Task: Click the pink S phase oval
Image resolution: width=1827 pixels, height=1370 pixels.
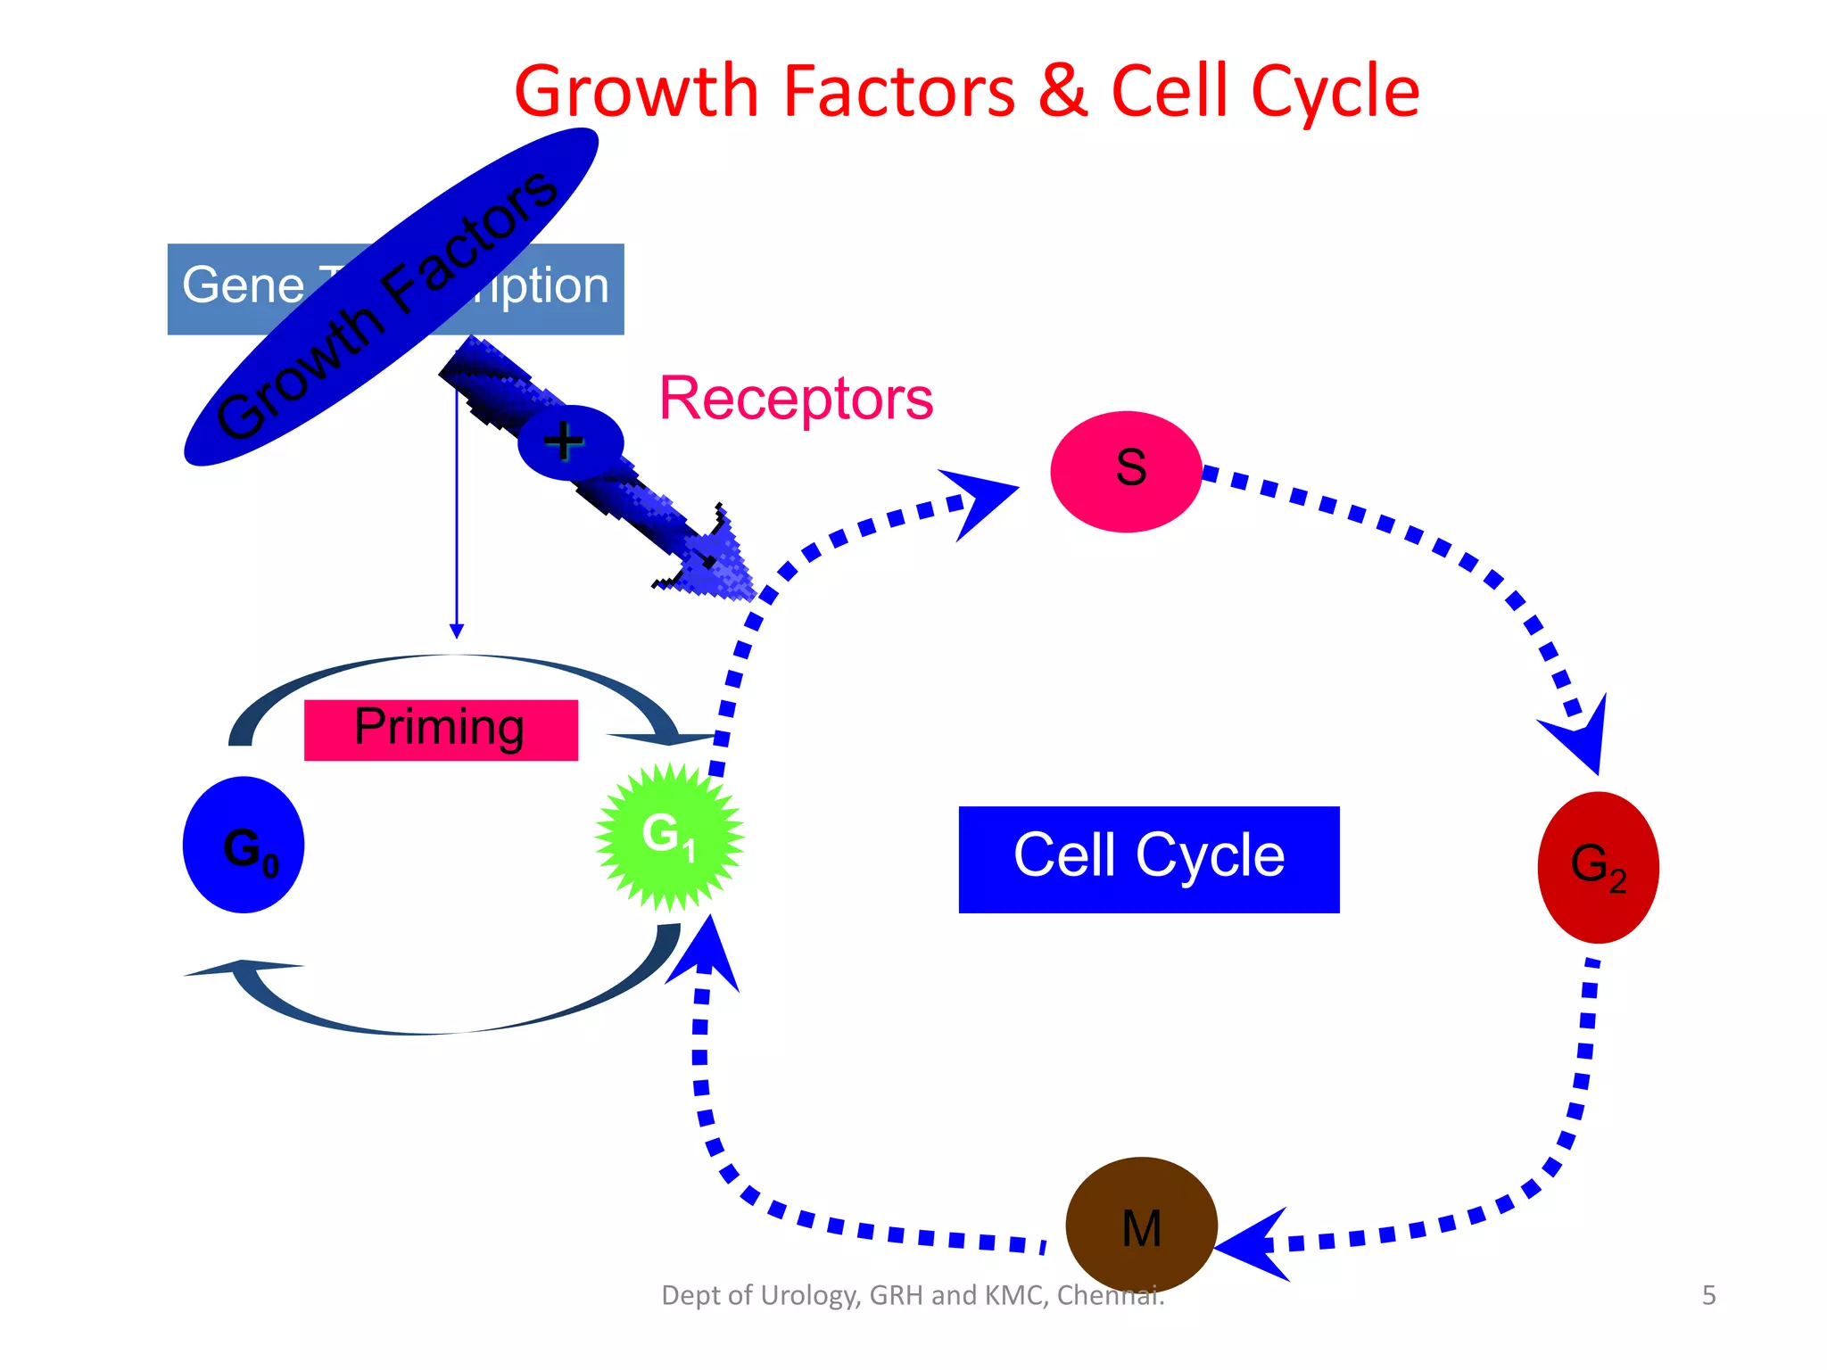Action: [x=1126, y=471]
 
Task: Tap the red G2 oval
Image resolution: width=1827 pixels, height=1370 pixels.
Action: [x=1598, y=867]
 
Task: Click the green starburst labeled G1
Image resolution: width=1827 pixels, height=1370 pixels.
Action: [x=669, y=837]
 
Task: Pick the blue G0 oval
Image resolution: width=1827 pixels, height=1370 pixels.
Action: [x=244, y=845]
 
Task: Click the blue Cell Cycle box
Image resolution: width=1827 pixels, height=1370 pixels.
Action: [x=1148, y=859]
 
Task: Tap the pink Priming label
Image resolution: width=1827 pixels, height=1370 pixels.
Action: [x=441, y=730]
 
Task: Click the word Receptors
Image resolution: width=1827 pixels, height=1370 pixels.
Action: [x=796, y=399]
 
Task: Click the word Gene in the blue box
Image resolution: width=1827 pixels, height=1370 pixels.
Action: [x=243, y=285]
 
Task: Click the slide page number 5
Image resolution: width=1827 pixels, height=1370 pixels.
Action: [x=1708, y=1295]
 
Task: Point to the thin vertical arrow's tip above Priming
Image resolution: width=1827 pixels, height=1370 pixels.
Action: [x=457, y=631]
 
